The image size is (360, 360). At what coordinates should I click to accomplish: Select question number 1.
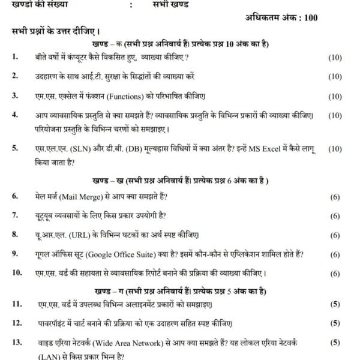point(14,57)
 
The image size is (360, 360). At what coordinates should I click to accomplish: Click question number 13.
point(16,343)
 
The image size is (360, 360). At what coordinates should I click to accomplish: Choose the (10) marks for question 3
point(335,96)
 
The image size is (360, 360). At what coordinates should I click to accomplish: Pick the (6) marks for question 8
point(335,234)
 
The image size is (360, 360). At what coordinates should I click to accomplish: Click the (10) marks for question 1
point(335,57)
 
